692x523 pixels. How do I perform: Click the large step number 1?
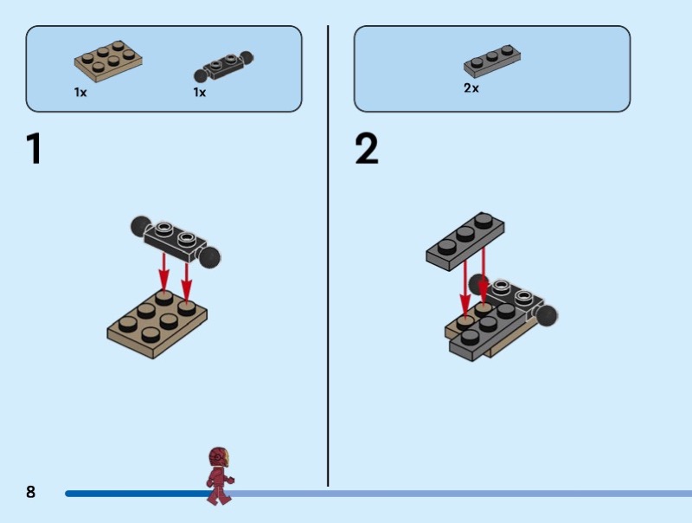point(34,148)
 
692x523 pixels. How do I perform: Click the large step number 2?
point(367,148)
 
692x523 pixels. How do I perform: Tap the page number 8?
point(30,492)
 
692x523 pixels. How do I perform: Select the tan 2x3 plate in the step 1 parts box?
point(108,61)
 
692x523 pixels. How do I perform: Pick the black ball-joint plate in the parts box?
point(224,68)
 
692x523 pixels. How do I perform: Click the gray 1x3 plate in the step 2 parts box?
point(491,61)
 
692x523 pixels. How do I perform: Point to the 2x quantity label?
point(471,88)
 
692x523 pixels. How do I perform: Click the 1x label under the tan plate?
point(80,93)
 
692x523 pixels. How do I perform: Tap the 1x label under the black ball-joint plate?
point(200,93)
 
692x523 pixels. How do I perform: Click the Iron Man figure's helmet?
point(219,456)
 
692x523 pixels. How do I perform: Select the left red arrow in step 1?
point(164,273)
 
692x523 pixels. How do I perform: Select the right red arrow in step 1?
point(186,283)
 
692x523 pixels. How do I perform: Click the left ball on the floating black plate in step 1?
point(140,226)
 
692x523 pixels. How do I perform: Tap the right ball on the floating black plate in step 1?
point(209,257)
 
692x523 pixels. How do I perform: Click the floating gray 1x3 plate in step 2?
point(465,242)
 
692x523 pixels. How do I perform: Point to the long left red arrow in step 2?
point(465,288)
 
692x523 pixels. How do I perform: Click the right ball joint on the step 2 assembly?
point(547,315)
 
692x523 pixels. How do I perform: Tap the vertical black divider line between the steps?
point(328,255)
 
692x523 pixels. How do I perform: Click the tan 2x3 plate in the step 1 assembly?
point(157,324)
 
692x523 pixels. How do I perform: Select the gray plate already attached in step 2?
point(490,332)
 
